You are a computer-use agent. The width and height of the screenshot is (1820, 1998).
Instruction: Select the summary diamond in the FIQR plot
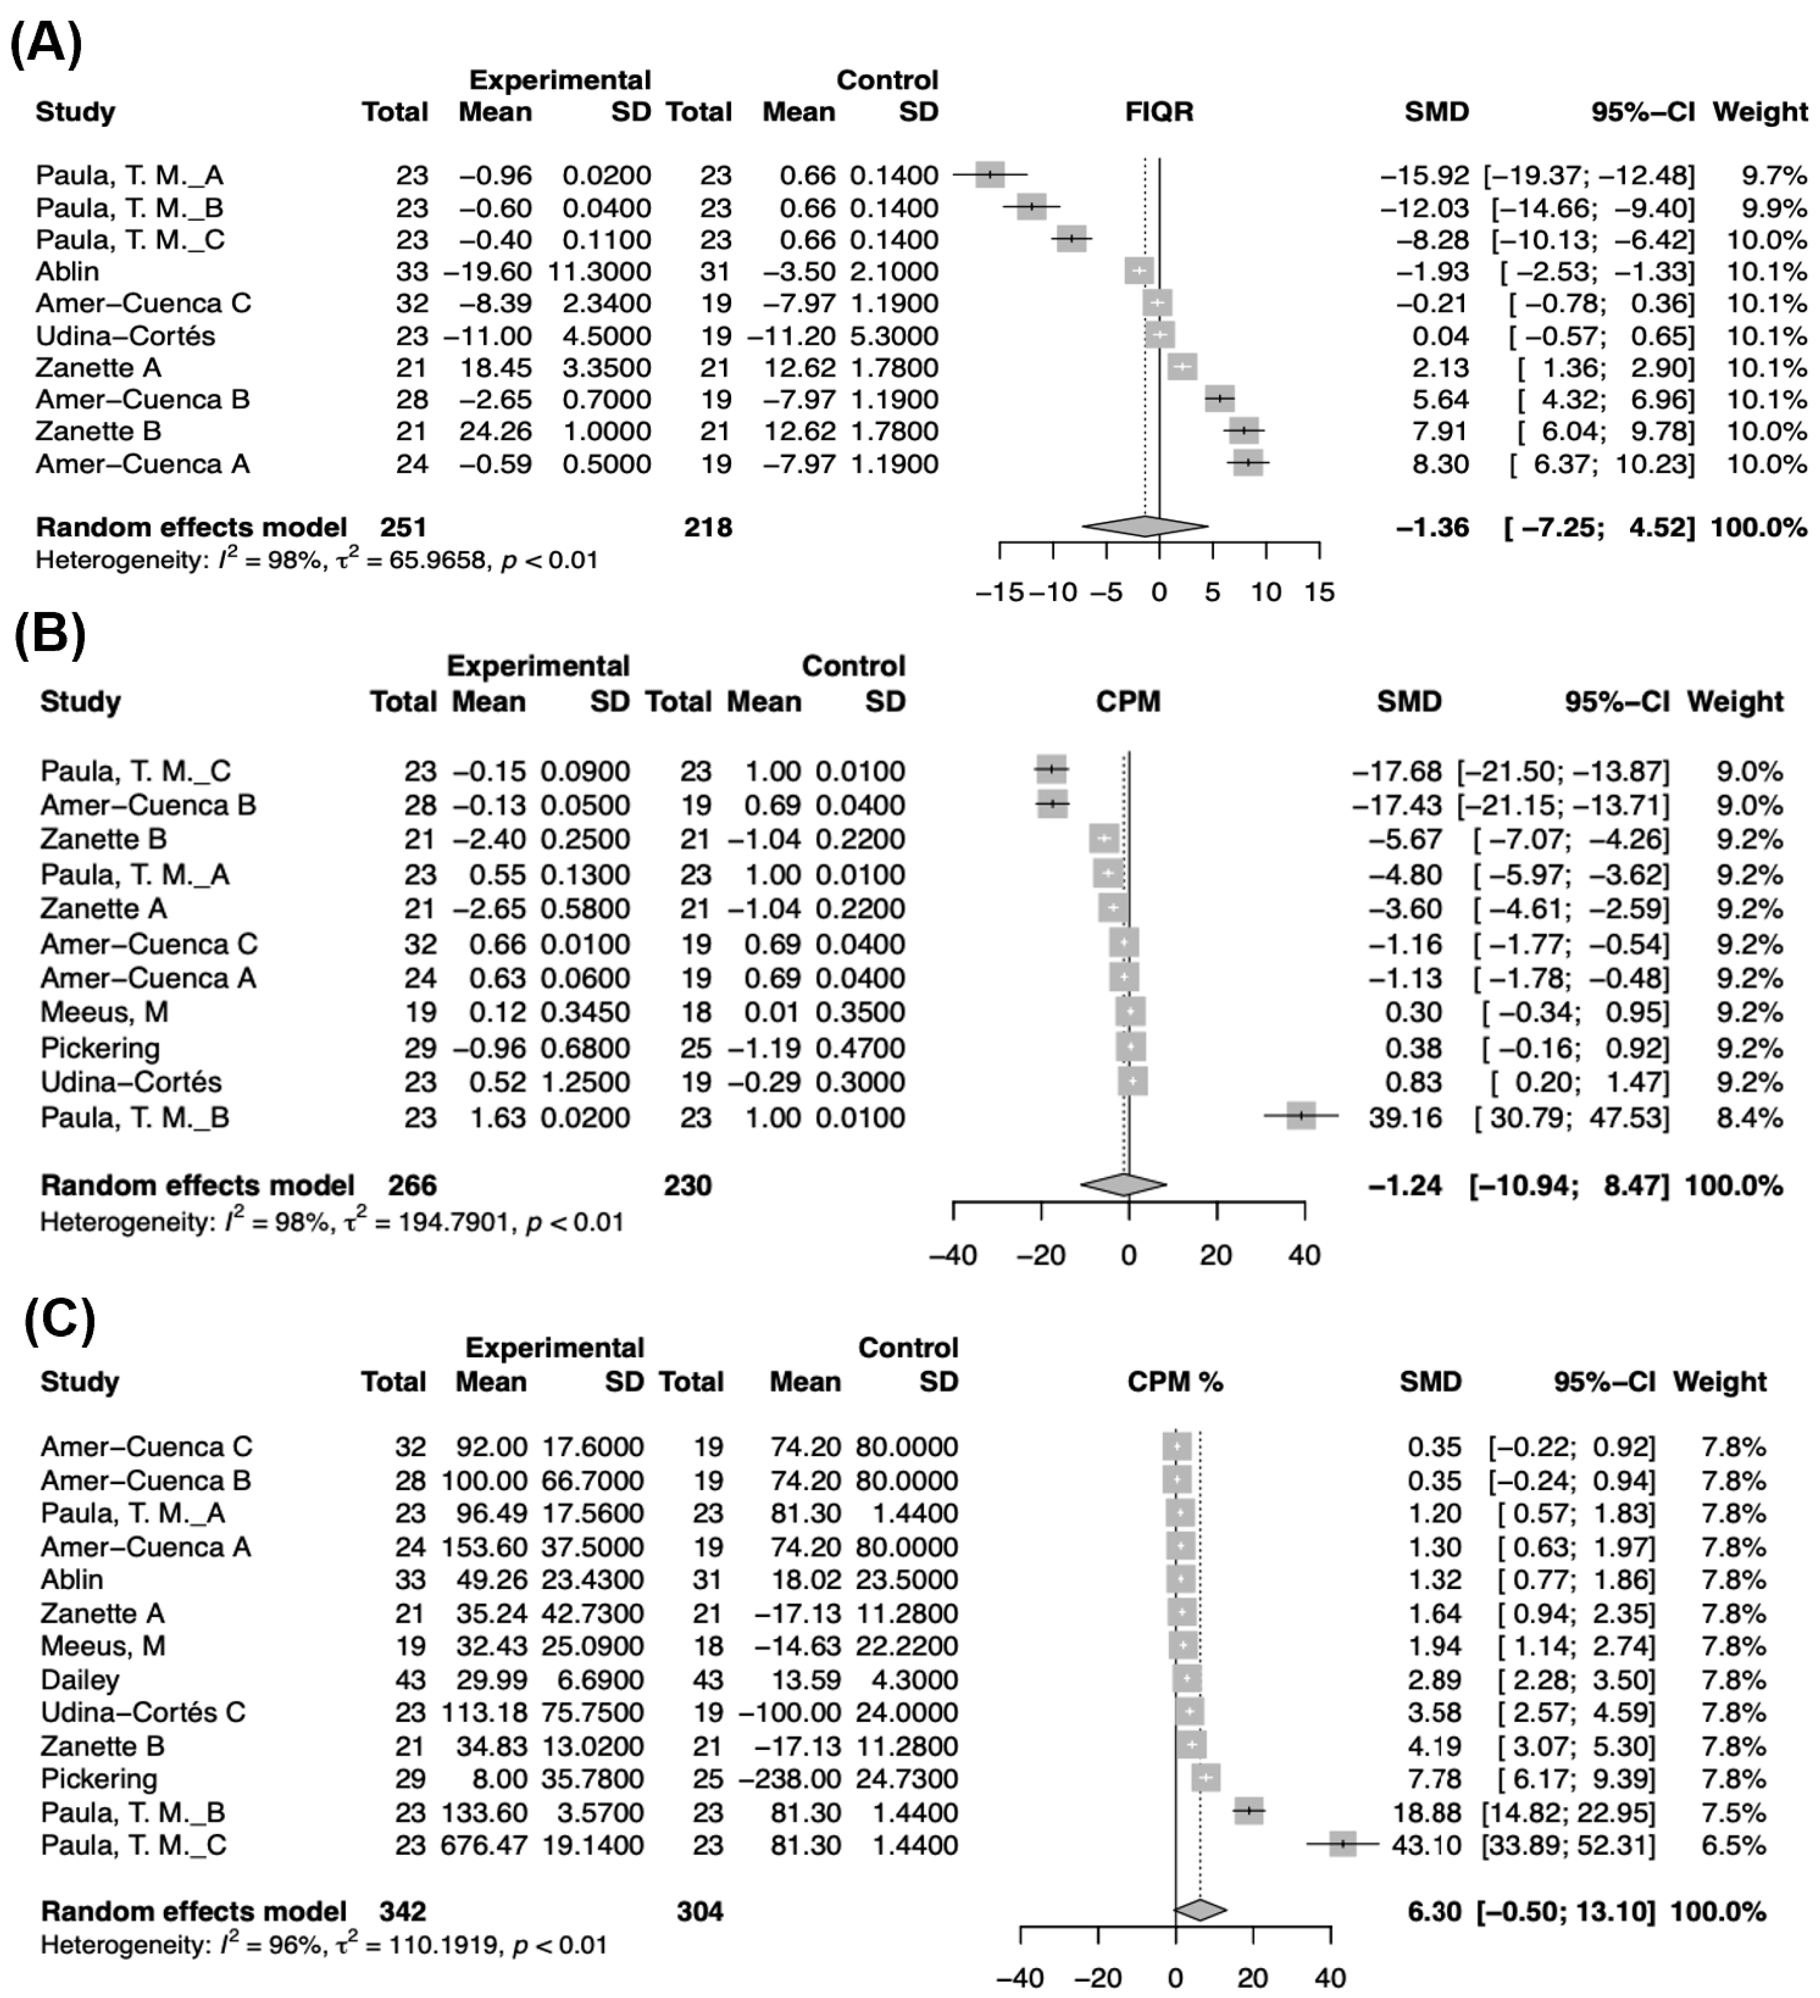pos(1145,527)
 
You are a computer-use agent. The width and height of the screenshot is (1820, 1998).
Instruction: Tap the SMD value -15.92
pos(1425,175)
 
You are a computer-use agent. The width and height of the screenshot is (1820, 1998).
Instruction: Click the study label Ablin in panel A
pos(68,272)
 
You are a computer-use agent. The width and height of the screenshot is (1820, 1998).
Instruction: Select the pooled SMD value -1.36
pos(1433,527)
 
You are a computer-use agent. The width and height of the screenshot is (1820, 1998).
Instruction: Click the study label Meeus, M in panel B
pos(104,1012)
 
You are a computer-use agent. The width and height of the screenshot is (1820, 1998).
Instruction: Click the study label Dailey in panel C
pos(79,1680)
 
